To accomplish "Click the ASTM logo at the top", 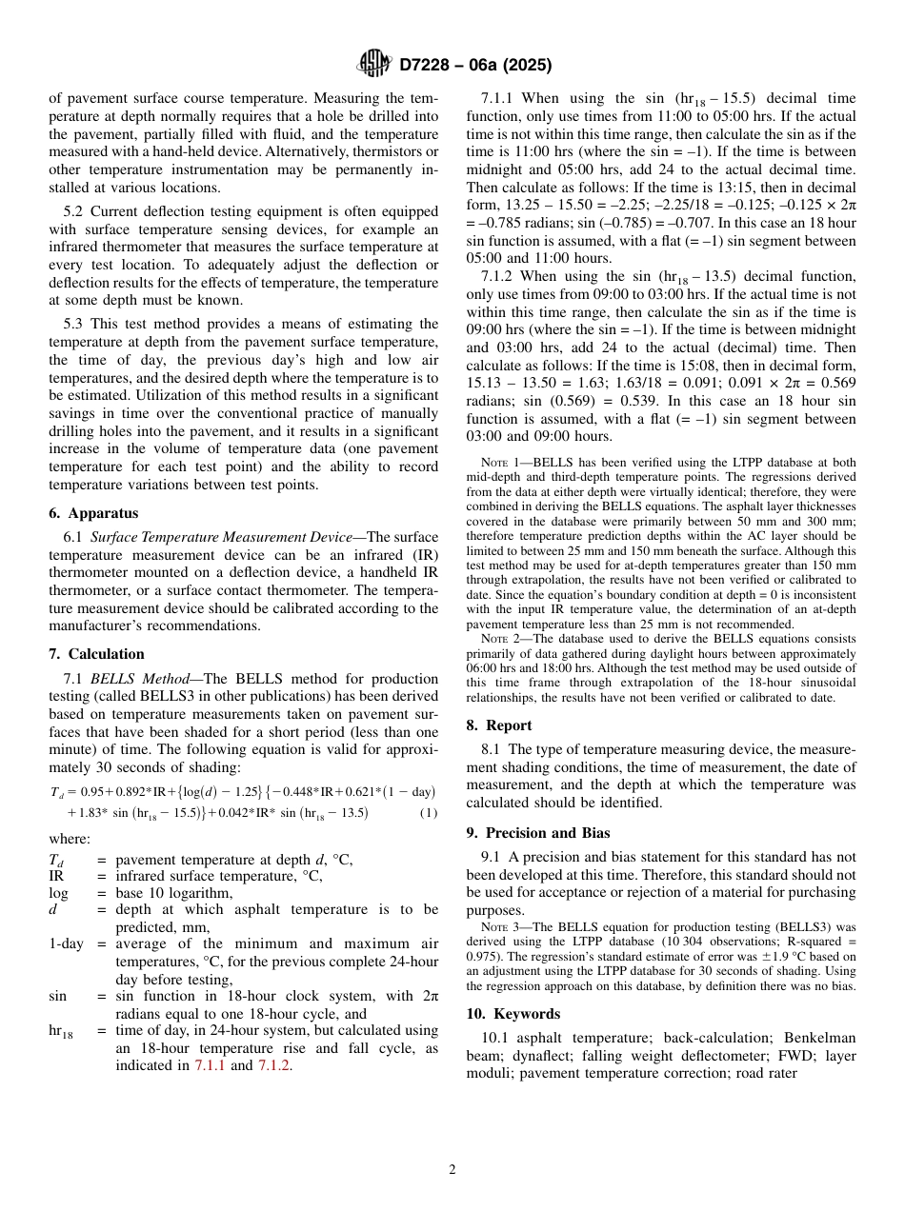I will click(372, 64).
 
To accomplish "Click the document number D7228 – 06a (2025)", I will click(475, 65).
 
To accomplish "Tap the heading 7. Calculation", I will click(96, 654).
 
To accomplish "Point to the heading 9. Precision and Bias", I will click(537, 833).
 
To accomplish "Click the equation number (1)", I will click(429, 813).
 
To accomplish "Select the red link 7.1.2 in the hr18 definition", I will click(273, 1066).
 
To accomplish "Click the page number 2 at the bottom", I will click(452, 1170).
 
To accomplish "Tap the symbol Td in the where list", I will click(58, 861).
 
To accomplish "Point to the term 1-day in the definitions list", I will click(66, 944).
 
